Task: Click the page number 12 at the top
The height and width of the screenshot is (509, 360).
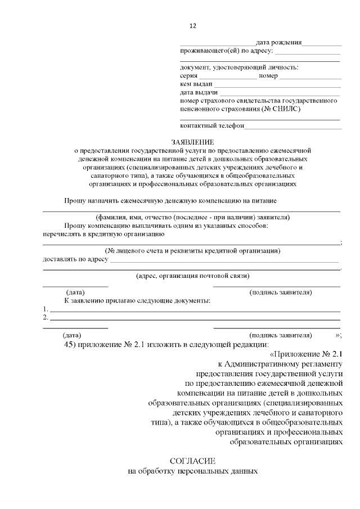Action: tap(193, 26)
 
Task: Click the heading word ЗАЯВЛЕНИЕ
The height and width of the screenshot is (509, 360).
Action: tap(193, 142)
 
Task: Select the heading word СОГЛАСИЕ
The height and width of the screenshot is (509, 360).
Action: tap(193, 461)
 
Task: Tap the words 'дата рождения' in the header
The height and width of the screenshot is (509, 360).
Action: tap(278, 42)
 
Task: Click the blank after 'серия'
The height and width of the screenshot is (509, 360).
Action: tap(228, 76)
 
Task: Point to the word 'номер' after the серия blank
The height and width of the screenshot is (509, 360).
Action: tap(268, 76)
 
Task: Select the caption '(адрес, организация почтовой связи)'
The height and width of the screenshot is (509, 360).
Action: tap(193, 276)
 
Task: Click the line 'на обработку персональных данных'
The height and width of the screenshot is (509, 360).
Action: tap(193, 471)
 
